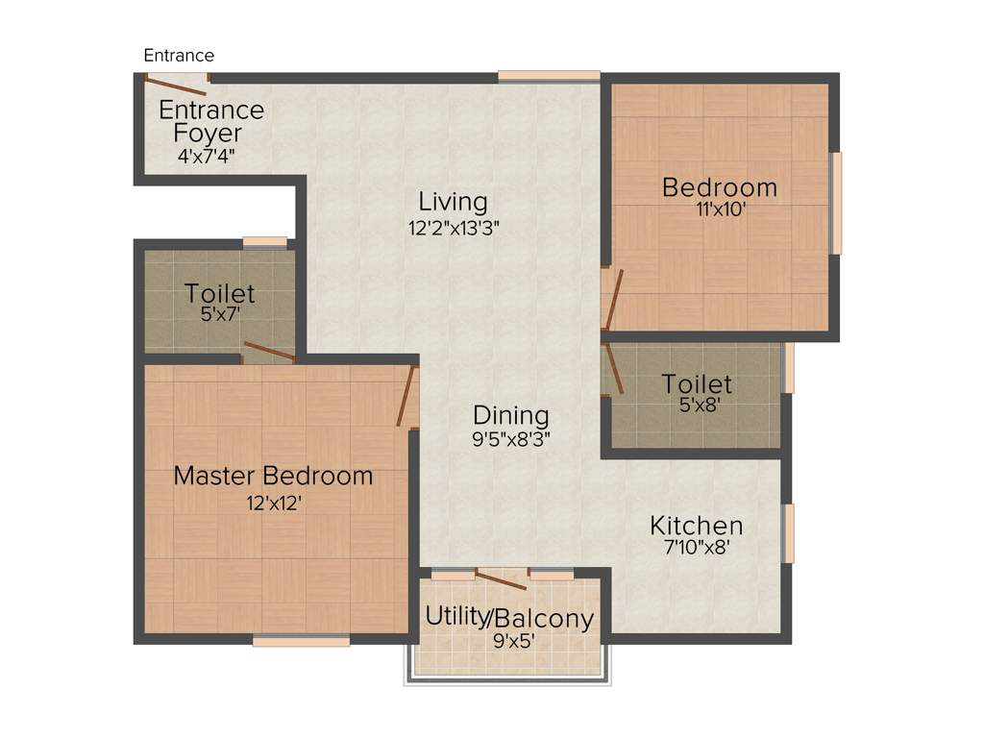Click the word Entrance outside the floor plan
click(x=179, y=56)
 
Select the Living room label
click(x=453, y=203)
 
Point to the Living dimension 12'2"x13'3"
click(x=453, y=229)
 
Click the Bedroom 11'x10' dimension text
click(x=720, y=209)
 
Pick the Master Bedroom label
click(x=273, y=476)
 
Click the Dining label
click(x=510, y=416)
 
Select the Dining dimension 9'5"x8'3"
click(x=510, y=440)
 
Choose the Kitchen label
click(x=696, y=526)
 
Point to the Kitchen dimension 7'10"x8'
click(x=696, y=550)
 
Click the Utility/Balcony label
click(x=509, y=618)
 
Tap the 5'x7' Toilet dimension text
click(x=219, y=313)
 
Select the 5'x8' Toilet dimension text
click(x=697, y=406)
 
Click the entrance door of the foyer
click(x=169, y=86)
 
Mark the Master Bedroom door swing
click(x=407, y=395)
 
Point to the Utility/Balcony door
click(x=501, y=578)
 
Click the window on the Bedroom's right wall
click(x=836, y=203)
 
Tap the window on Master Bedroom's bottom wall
click(x=301, y=641)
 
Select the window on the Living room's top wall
click(x=549, y=76)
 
